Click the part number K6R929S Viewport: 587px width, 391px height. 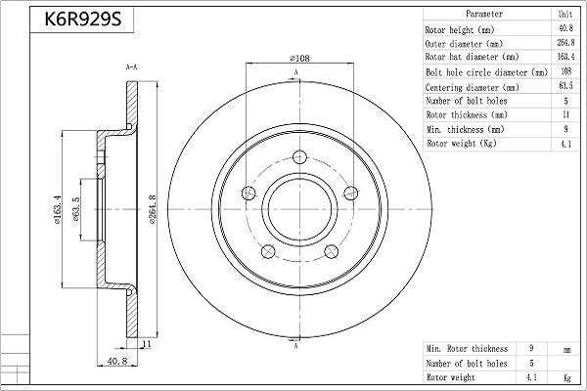[x=76, y=19]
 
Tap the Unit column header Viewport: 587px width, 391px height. [x=565, y=15]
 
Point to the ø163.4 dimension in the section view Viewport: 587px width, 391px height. [x=62, y=210]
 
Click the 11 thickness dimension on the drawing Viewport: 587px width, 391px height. [x=145, y=345]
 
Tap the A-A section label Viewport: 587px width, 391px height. [x=130, y=66]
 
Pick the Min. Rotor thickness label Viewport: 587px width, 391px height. [x=467, y=348]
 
